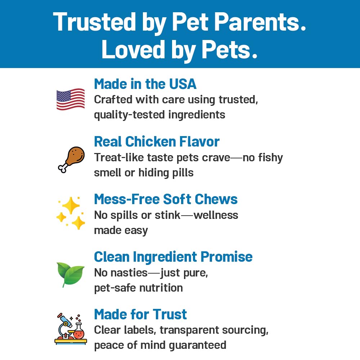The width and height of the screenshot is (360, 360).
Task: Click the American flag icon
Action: click(71, 99)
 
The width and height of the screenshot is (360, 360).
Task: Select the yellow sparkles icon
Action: click(71, 213)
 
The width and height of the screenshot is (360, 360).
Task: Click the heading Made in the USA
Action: click(145, 84)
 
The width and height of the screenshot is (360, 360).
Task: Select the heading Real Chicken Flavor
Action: click(157, 141)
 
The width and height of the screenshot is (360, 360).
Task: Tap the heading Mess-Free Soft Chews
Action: click(166, 199)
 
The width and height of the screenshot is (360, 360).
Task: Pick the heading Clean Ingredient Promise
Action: click(173, 257)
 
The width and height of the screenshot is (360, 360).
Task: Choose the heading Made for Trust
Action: click(140, 314)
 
